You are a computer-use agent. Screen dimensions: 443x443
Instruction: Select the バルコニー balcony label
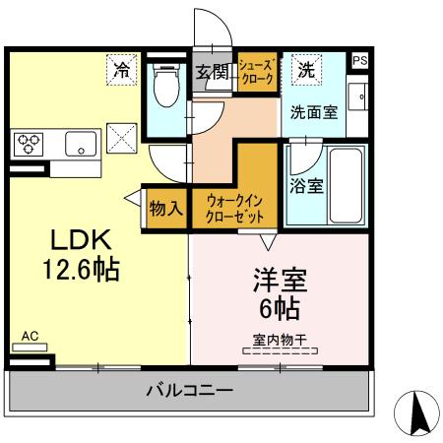point(190,391)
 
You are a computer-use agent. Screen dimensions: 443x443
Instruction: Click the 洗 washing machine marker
point(306,71)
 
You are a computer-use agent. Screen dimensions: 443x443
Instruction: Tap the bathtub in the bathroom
point(345,182)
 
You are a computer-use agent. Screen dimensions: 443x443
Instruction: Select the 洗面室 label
point(313,112)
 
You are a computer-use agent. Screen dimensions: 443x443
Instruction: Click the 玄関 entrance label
point(211,70)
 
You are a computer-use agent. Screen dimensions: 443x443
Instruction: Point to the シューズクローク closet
point(258,72)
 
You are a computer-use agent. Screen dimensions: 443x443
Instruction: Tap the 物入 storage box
point(165,208)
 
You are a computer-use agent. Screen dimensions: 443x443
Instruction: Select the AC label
point(30,337)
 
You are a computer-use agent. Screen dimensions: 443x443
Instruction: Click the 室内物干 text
point(280,340)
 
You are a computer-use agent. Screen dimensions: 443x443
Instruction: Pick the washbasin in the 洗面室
point(360,98)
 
